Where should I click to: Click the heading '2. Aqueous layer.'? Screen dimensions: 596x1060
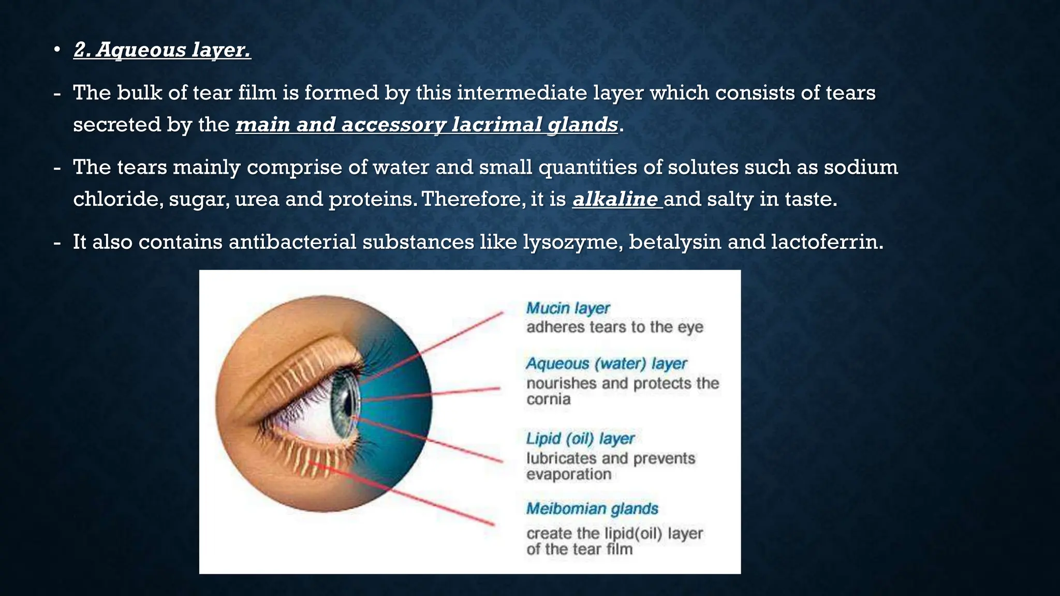pyautogui.click(x=162, y=50)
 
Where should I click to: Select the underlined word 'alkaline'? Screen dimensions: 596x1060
pyautogui.click(x=615, y=199)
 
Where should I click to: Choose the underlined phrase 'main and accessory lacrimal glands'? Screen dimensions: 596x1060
pyautogui.click(x=426, y=125)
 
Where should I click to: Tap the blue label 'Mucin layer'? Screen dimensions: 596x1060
pyautogui.click(x=568, y=308)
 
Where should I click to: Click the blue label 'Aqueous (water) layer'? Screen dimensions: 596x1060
pyautogui.click(x=606, y=364)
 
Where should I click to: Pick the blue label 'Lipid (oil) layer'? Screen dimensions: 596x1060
pyautogui.click(x=580, y=439)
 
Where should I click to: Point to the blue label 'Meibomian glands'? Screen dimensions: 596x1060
pyautogui.click(x=592, y=509)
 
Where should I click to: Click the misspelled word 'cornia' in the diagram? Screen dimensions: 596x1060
pyautogui.click(x=548, y=399)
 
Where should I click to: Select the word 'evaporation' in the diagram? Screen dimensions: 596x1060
pyautogui.click(x=568, y=474)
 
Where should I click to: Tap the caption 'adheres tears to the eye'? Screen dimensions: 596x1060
pyautogui.click(x=614, y=327)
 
